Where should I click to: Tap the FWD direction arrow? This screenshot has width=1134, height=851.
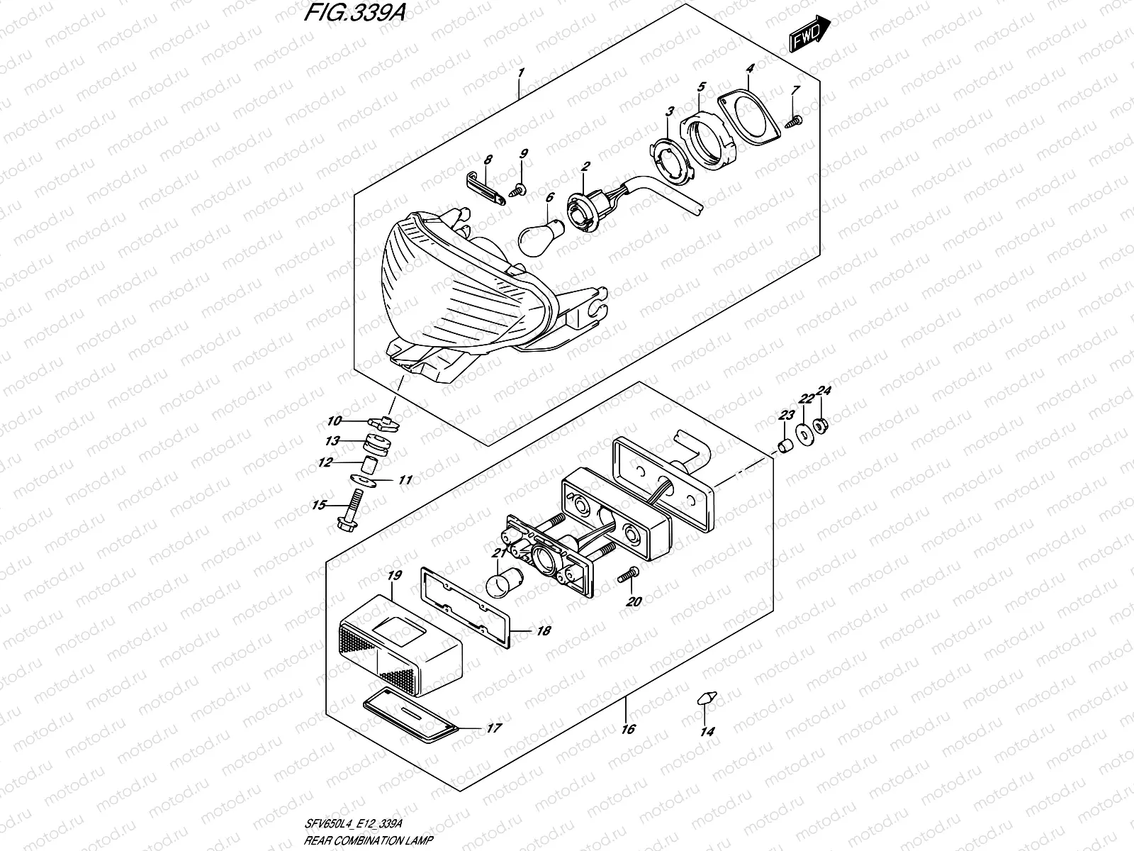[807, 34]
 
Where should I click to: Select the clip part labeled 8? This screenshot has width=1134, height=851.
[487, 187]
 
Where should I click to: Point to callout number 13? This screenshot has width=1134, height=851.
[332, 441]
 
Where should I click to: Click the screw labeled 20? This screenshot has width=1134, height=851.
[627, 576]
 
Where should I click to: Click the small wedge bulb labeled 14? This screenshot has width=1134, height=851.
[706, 698]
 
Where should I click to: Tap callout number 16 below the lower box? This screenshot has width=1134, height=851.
[627, 728]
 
